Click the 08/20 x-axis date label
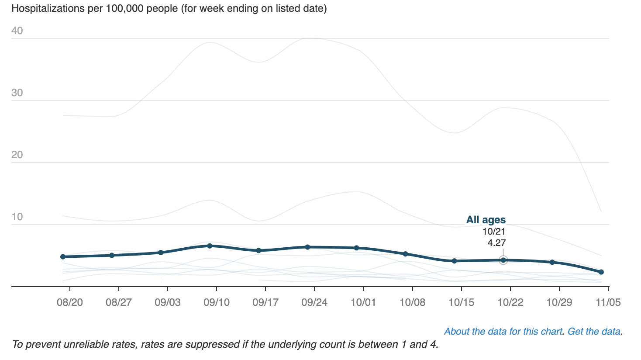(70, 303)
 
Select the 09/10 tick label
(217, 303)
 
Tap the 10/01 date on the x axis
(363, 303)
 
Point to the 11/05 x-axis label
(608, 303)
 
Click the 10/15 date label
(461, 303)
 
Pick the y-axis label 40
(17, 31)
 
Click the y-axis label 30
(17, 93)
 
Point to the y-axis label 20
(17, 155)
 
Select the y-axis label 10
(17, 217)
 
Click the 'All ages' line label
(486, 220)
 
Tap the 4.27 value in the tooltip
(496, 243)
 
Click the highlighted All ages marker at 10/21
(503, 260)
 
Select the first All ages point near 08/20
(63, 256)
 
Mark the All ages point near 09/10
(210, 246)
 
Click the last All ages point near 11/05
(601, 272)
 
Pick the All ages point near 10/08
(405, 254)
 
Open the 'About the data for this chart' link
(503, 331)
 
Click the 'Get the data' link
(594, 331)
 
